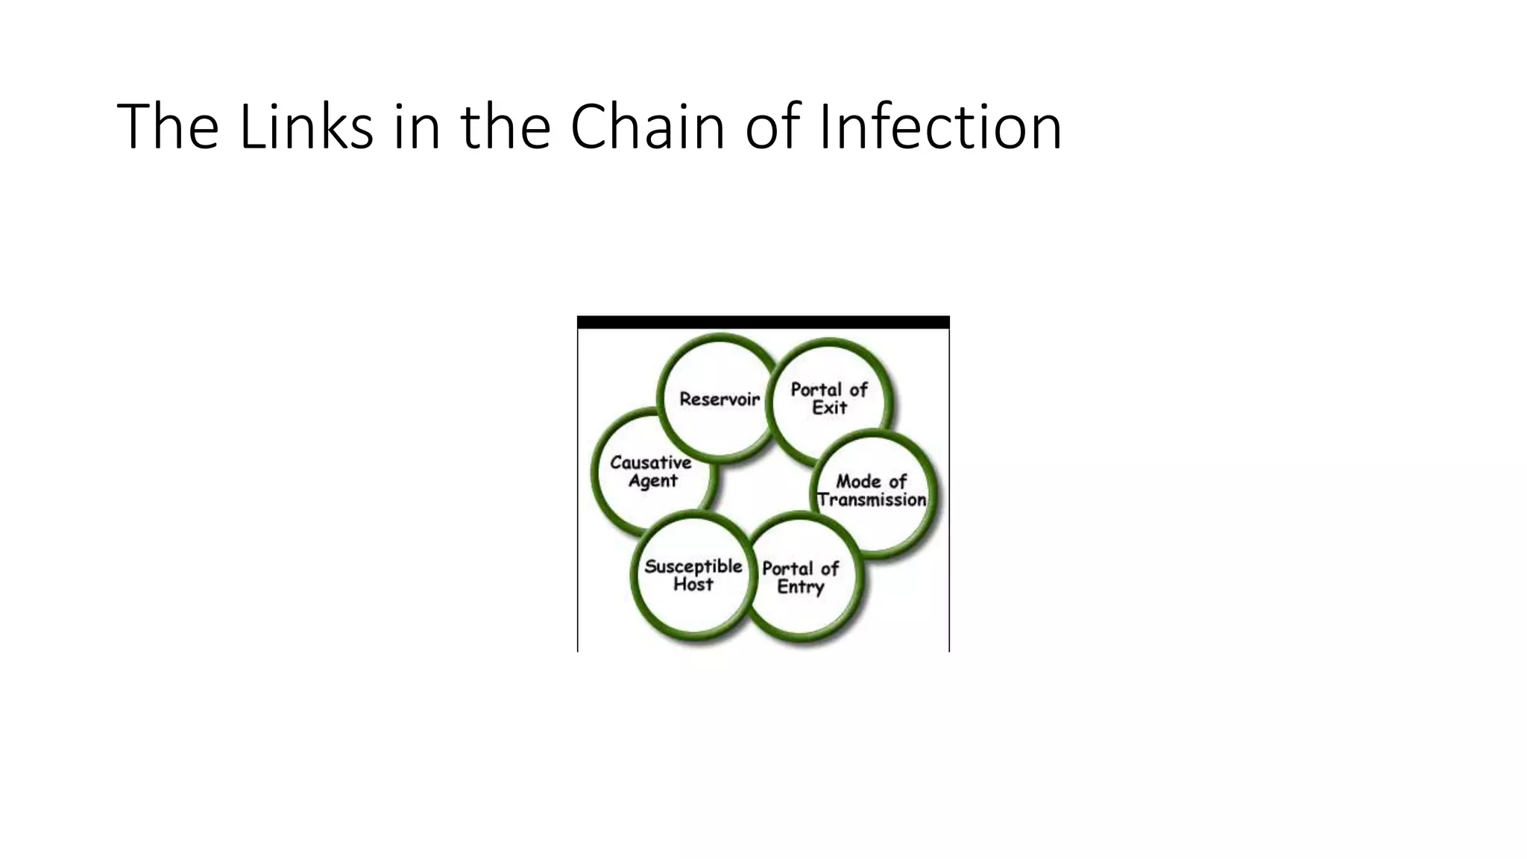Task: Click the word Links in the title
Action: coord(306,127)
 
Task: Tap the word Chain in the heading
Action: coord(647,127)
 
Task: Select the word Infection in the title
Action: coord(940,127)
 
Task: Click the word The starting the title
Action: coord(168,127)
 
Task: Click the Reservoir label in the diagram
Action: coord(719,400)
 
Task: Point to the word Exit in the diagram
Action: coord(829,408)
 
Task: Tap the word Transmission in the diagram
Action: coord(872,500)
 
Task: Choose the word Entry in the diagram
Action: coord(800,587)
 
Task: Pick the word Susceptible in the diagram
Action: coord(693,567)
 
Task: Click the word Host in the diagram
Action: coord(693,585)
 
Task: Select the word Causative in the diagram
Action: coord(650,463)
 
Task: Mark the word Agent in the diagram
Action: coord(652,481)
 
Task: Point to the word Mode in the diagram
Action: coord(858,482)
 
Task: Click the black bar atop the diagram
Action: coord(763,322)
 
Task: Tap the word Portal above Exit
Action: coord(817,390)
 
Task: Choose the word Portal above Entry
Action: coord(788,569)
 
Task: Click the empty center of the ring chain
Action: coord(762,488)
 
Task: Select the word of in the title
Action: coord(772,127)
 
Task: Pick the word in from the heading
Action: coord(417,127)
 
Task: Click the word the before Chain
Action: coord(506,127)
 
